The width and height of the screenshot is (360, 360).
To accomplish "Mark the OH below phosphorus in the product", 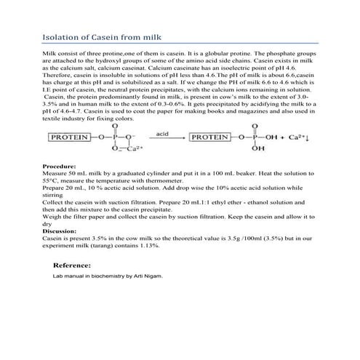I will tap(255, 150).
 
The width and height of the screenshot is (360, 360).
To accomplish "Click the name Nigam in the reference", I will tap(153, 276).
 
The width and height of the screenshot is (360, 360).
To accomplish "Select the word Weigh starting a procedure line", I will tap(52, 217).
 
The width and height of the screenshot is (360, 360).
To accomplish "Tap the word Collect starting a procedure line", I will tap(53, 202).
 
